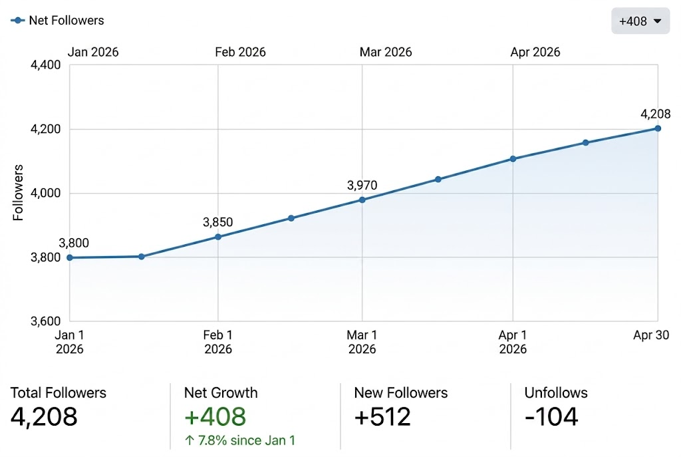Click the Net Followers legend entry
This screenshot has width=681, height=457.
tap(58, 21)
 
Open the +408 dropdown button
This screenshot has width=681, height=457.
tap(640, 21)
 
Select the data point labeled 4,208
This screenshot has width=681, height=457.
tap(658, 128)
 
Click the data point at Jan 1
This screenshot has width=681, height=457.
tap(70, 257)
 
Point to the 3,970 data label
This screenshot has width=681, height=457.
tap(362, 185)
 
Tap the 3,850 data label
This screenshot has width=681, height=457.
tap(217, 222)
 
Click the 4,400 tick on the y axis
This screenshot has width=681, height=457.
tap(46, 65)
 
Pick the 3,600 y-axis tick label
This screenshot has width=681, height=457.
tap(46, 321)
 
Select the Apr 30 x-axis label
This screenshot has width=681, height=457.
tap(651, 336)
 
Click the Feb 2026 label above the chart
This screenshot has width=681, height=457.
tap(240, 52)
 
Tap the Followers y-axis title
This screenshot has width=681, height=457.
tap(19, 193)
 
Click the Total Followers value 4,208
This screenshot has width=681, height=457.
tap(44, 416)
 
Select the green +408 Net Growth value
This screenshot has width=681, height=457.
tap(215, 416)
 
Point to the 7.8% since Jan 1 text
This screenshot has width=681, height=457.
tap(239, 440)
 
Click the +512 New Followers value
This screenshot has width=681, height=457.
tap(382, 416)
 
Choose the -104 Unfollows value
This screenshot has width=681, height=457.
tap(551, 416)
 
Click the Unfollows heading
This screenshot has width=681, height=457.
tap(556, 392)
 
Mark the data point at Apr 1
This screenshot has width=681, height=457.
tap(513, 158)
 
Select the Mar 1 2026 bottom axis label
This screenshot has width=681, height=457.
tap(362, 342)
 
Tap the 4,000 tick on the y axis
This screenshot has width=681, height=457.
tap(46, 194)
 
